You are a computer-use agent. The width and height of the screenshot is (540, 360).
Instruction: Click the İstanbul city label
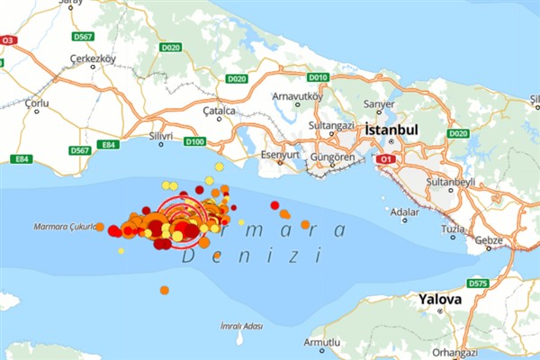click(x=392, y=131)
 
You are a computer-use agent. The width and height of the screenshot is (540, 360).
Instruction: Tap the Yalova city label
click(x=440, y=299)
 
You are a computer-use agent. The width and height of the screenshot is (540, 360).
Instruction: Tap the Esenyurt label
click(x=279, y=155)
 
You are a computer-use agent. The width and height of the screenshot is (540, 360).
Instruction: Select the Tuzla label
click(x=454, y=229)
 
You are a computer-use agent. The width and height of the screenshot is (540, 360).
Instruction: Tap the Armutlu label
click(x=321, y=343)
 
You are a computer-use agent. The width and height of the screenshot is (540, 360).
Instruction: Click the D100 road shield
click(x=194, y=141)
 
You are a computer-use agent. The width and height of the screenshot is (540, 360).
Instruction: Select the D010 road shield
click(x=318, y=77)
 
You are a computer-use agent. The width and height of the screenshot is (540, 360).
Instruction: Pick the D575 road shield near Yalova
click(x=478, y=283)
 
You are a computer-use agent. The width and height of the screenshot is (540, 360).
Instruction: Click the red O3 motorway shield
click(x=9, y=40)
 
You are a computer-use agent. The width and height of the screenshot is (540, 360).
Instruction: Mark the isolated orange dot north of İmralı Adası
click(x=164, y=290)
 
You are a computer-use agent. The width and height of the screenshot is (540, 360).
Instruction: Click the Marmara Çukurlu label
click(x=65, y=227)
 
